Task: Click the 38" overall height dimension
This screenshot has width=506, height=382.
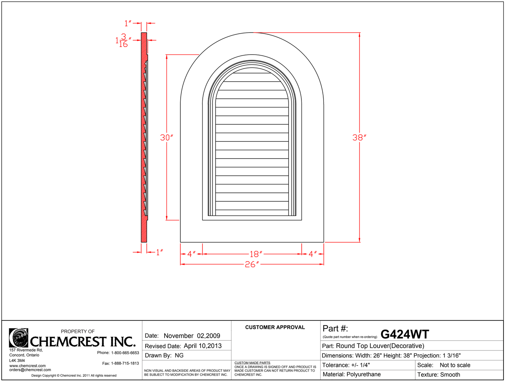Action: tap(359, 138)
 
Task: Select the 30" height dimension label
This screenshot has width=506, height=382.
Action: tap(166, 138)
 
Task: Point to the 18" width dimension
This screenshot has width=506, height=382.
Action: tap(256, 254)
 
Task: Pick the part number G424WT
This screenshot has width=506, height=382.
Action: tap(404, 334)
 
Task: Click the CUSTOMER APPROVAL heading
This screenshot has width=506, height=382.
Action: tap(275, 327)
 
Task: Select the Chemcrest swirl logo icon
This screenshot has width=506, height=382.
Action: tap(19, 338)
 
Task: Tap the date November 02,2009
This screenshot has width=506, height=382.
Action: tap(192, 336)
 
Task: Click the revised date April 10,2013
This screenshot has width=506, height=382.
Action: tap(202, 346)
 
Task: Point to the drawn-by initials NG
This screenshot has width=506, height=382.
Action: tap(179, 355)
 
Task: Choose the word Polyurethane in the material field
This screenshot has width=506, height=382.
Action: tap(363, 374)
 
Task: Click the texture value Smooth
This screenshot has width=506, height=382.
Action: tap(450, 375)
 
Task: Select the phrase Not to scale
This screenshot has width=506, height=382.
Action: tap(455, 365)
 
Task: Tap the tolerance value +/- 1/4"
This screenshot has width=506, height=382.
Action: tap(360, 365)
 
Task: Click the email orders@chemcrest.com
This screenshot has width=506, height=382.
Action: tap(30, 370)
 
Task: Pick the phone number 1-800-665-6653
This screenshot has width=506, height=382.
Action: tap(125, 353)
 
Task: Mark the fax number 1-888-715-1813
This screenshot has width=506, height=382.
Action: tap(125, 363)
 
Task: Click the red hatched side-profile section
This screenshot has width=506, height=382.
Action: tap(144, 140)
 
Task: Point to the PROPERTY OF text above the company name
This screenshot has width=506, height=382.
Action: tap(78, 331)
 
